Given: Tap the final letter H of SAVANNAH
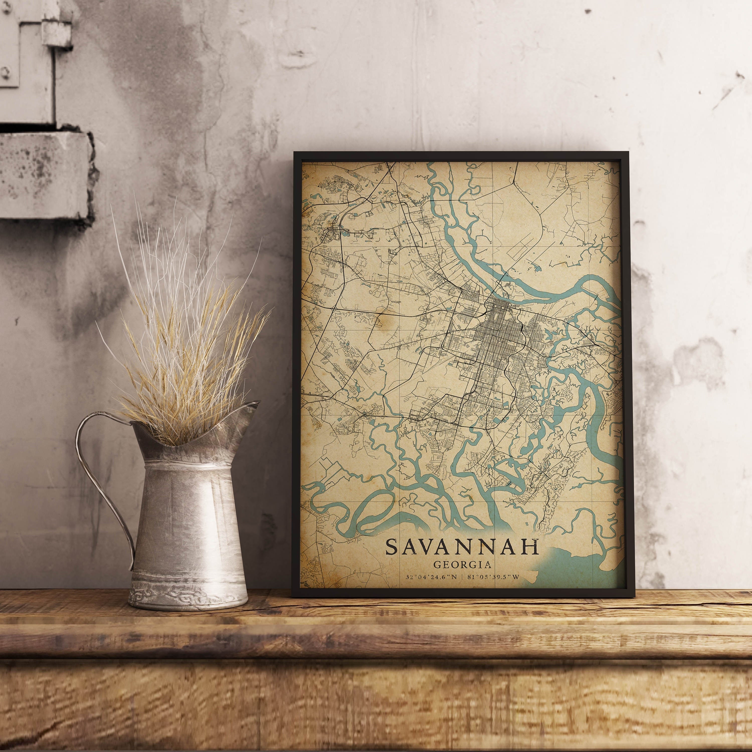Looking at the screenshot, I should pos(532,547).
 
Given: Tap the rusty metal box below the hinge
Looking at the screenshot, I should pos(43,175).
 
